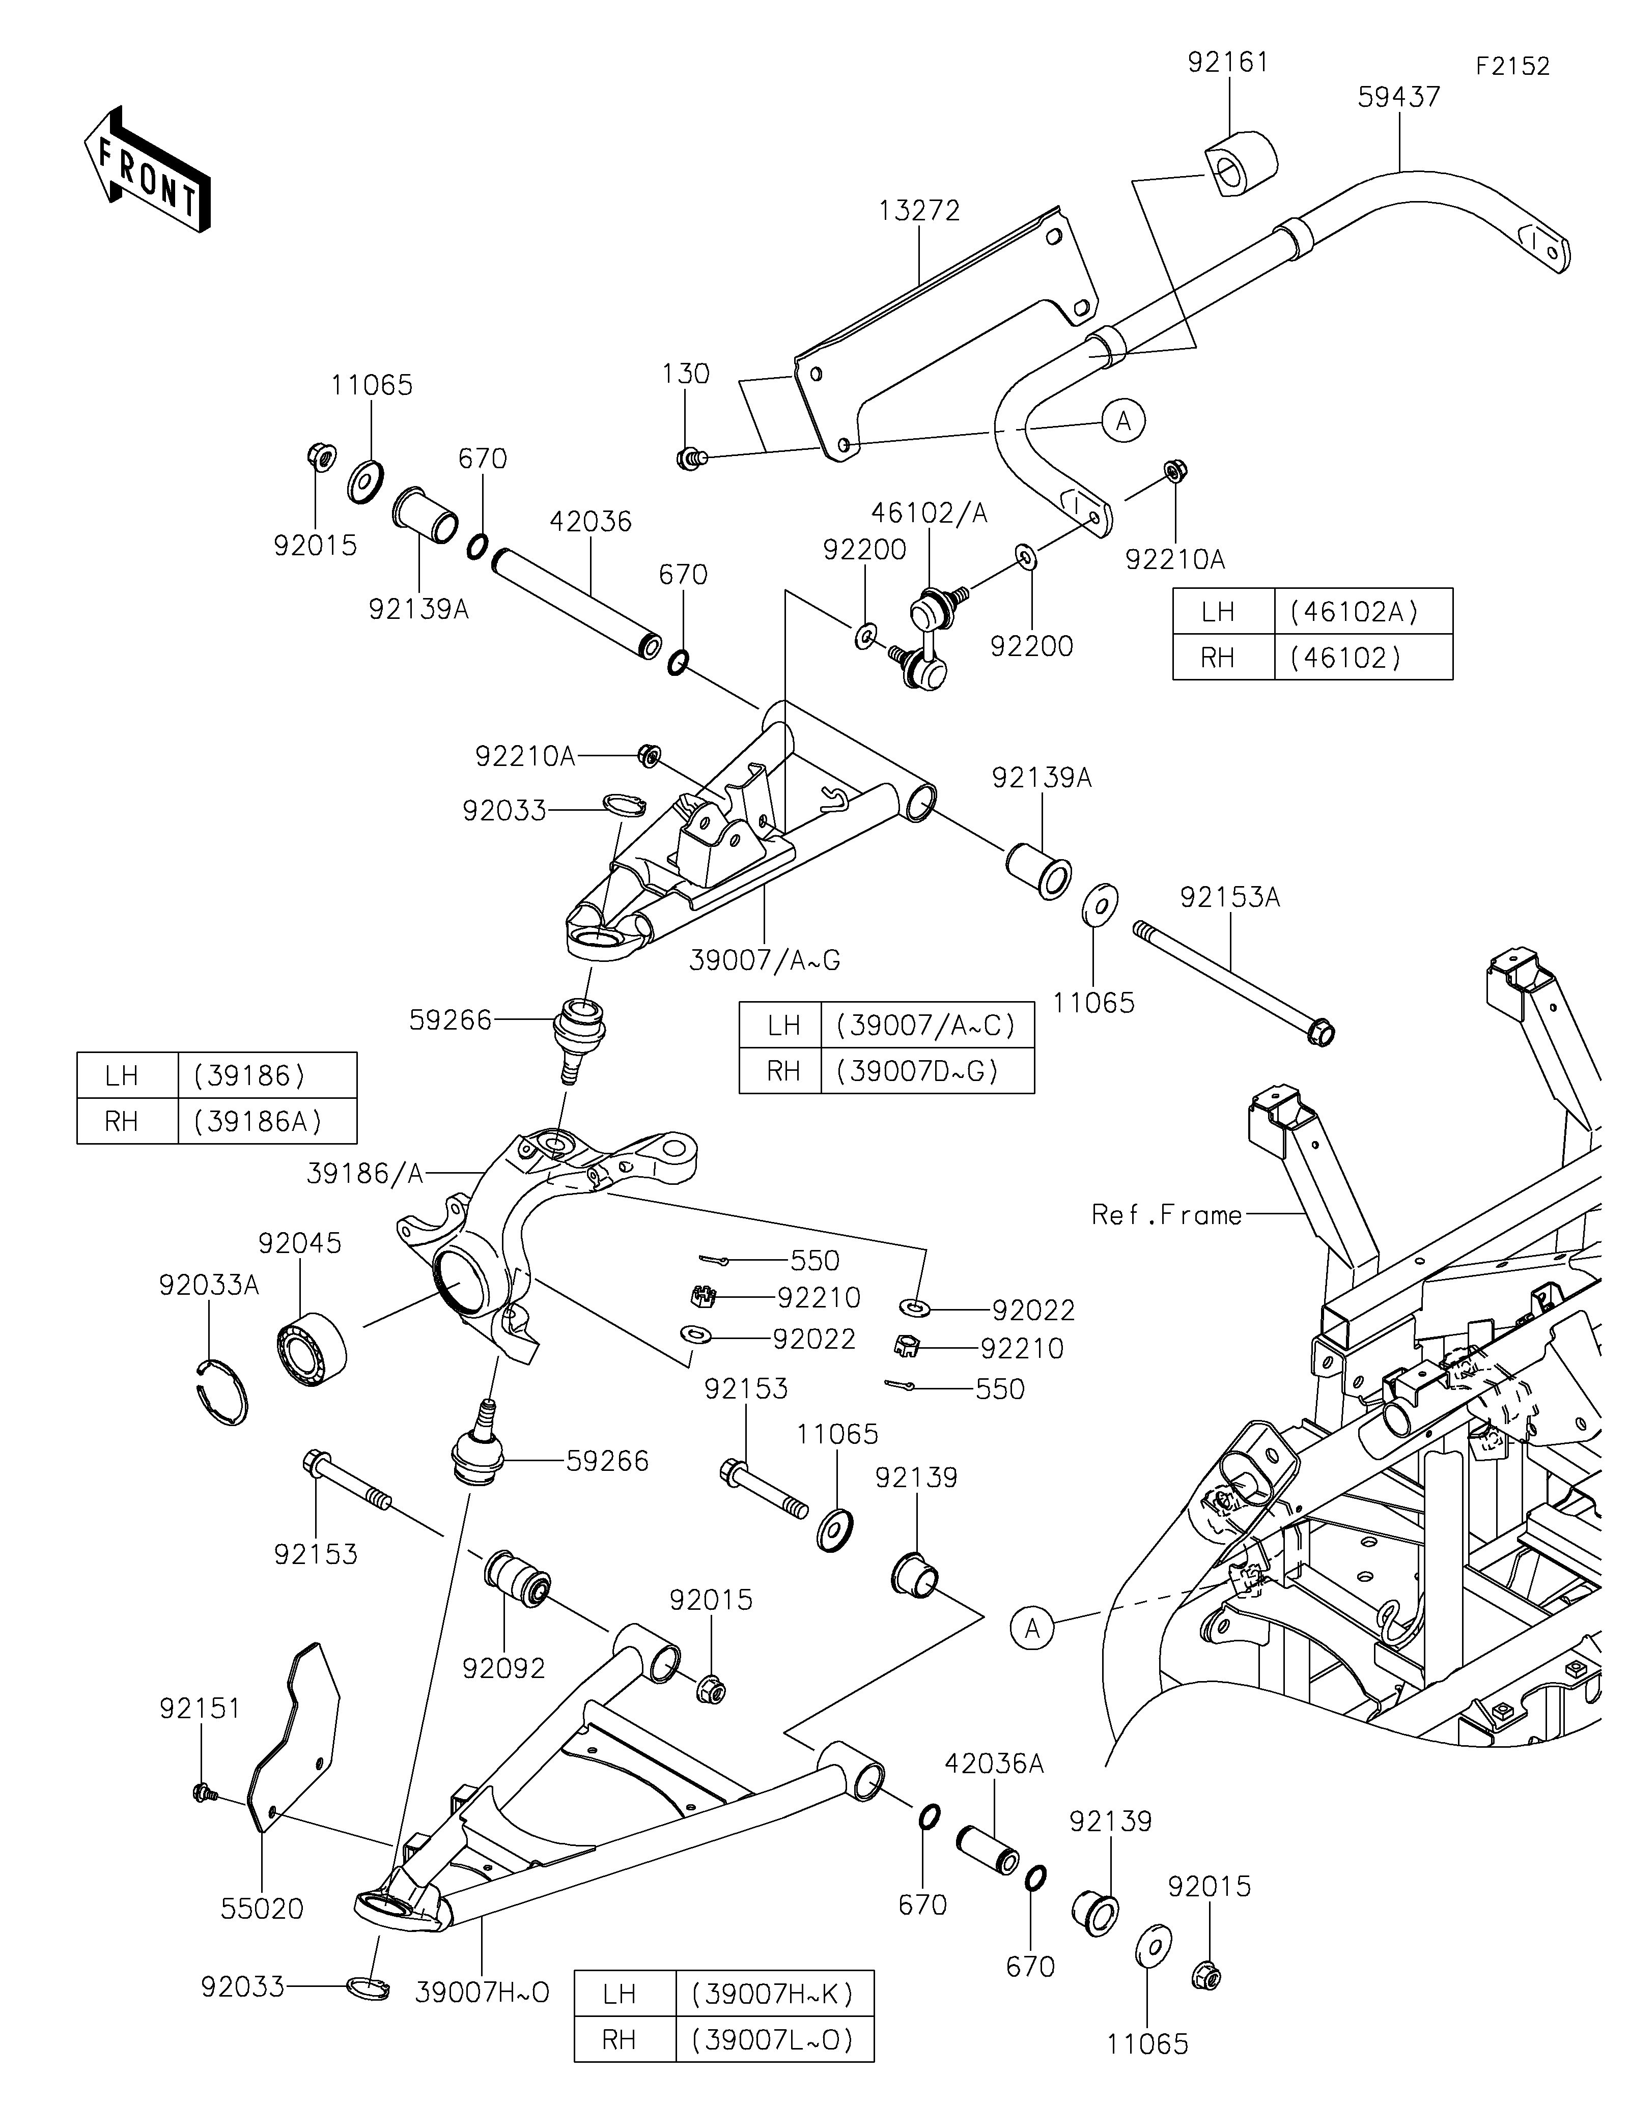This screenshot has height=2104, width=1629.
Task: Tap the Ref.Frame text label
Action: tap(1167, 1215)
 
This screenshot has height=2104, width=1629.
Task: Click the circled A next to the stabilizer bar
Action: tap(1124, 421)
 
